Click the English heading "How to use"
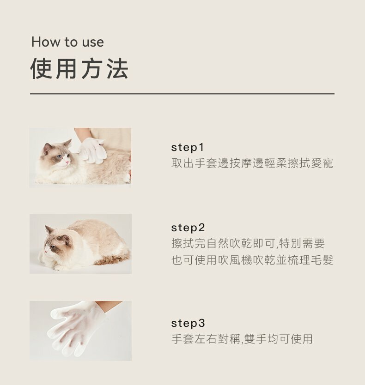click(x=67, y=42)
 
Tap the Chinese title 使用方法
click(x=79, y=69)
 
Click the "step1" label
click(x=188, y=148)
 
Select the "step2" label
click(x=188, y=228)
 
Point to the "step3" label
click(x=188, y=323)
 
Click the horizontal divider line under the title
click(x=182, y=94)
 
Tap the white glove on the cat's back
click(x=92, y=150)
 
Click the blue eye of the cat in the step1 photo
click(x=59, y=157)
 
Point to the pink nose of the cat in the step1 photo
click(x=67, y=162)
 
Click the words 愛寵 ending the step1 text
click(x=322, y=163)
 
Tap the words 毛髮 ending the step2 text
click(x=322, y=260)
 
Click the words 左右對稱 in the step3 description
click(x=217, y=339)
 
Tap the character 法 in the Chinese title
click(x=118, y=69)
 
